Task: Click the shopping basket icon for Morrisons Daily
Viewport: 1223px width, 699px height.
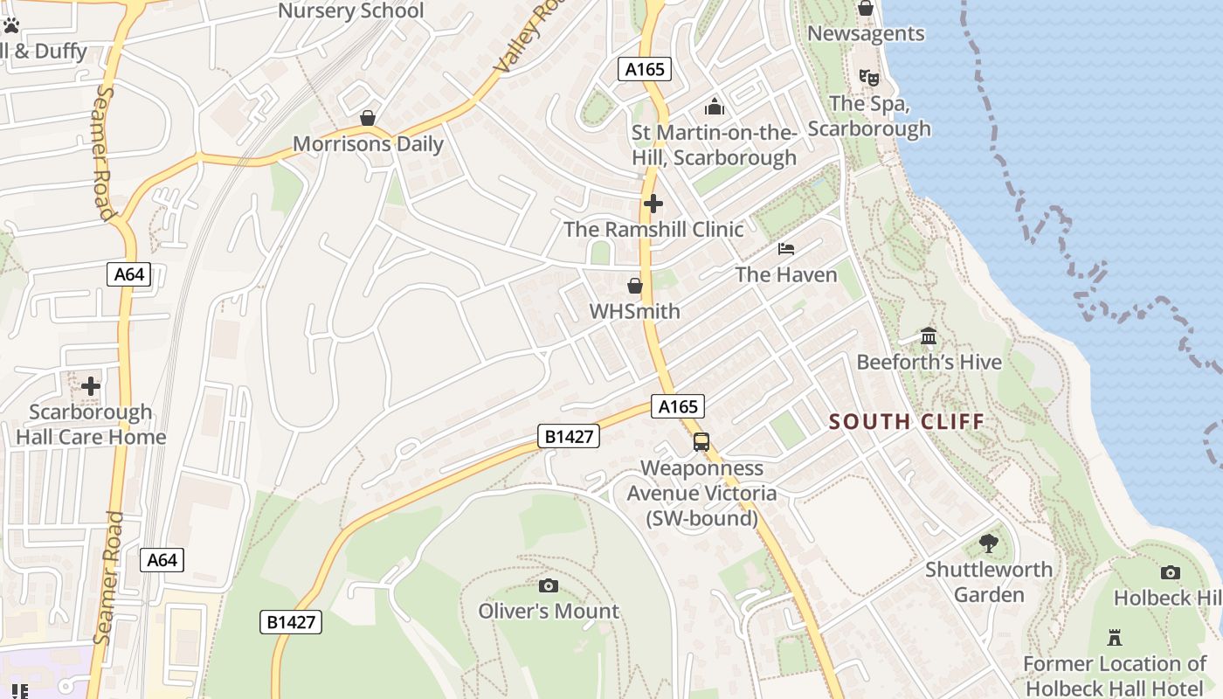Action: [368, 118]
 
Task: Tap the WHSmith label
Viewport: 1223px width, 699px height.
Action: [634, 311]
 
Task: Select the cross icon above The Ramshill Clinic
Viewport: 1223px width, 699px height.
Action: [653, 204]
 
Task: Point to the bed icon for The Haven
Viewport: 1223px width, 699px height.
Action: [786, 249]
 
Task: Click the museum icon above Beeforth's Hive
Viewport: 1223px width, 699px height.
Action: [929, 336]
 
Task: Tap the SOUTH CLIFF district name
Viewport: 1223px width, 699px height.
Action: [907, 422]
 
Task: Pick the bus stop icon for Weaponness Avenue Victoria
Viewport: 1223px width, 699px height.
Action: [701, 442]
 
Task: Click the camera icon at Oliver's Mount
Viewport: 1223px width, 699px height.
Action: [549, 585]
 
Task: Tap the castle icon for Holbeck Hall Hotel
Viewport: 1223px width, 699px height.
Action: [1114, 637]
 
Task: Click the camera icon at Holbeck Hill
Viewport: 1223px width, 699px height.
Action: [1171, 573]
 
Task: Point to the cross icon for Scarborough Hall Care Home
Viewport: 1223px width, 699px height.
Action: [91, 386]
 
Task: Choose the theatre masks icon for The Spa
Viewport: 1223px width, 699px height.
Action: [868, 78]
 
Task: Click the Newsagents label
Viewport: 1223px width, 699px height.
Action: [866, 33]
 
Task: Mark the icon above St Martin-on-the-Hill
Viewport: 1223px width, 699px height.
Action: [715, 107]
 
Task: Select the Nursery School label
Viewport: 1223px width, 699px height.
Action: [350, 11]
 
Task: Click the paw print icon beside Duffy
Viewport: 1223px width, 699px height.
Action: [11, 26]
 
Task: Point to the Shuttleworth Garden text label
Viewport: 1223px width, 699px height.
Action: [989, 582]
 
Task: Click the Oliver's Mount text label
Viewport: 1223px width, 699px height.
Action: [549, 611]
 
